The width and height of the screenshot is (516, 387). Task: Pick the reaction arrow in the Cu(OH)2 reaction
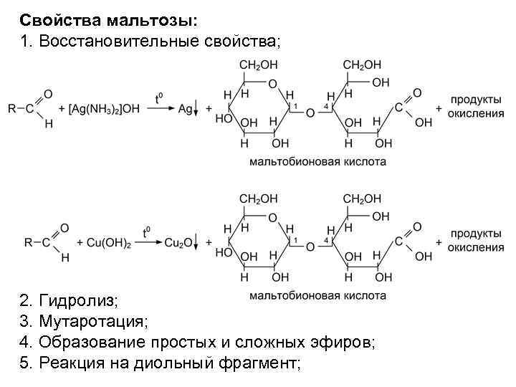(x=145, y=243)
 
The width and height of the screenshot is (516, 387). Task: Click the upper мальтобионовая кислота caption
(x=317, y=162)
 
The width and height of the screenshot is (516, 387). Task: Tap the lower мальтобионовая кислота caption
(x=317, y=295)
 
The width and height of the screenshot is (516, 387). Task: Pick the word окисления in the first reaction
(x=476, y=113)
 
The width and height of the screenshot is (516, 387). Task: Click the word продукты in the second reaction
(x=476, y=234)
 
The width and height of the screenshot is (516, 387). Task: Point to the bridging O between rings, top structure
(x=310, y=113)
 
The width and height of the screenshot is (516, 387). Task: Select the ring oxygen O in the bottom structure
(x=272, y=217)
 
